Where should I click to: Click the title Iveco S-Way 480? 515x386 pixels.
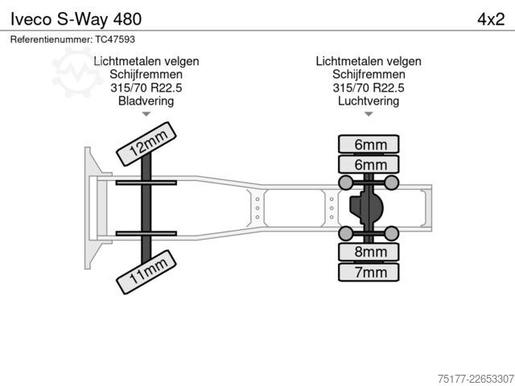(76, 19)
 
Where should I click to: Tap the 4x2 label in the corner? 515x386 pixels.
(491, 19)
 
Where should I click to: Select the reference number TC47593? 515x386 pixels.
(115, 39)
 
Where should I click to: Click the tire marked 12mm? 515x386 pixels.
(146, 144)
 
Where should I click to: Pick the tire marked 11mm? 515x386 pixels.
(146, 272)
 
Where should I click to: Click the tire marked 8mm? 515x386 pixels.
(369, 252)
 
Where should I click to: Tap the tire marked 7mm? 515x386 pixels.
(369, 272)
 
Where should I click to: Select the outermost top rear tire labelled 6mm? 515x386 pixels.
(369, 144)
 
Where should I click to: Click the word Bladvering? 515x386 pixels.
(146, 101)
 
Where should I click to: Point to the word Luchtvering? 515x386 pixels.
(369, 101)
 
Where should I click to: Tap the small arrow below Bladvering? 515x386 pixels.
(146, 114)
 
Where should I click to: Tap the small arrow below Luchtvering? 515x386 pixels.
(369, 114)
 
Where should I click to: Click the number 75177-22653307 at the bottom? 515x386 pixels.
(476, 379)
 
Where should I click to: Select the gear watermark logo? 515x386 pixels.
(77, 72)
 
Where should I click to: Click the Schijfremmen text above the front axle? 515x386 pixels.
(146, 74)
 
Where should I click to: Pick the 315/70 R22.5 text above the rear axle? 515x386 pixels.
(369, 88)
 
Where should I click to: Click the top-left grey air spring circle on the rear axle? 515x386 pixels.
(345, 183)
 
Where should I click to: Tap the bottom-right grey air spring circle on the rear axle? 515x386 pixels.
(392, 233)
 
